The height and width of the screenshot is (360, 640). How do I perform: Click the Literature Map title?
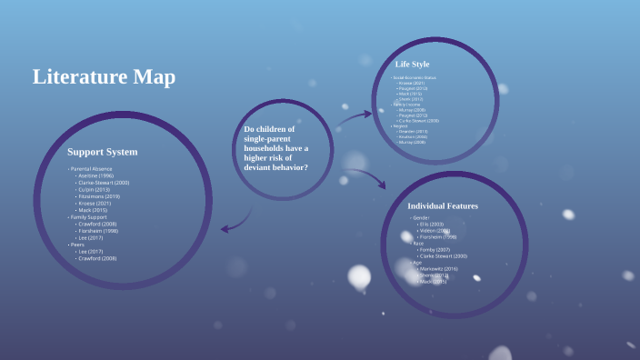pos(104,77)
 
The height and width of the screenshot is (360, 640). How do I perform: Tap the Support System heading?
pos(102,152)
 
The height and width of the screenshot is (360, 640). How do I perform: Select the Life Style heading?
pos(413,64)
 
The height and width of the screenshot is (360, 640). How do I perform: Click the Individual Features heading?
pos(442,206)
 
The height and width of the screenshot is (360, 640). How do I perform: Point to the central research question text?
pos(275,148)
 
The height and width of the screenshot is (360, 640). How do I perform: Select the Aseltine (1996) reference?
pos(95,175)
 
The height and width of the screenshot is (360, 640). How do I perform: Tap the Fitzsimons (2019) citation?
pos(99,196)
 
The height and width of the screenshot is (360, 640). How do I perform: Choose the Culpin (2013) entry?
pos(95,189)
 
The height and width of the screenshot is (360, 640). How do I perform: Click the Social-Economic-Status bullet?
pos(415,78)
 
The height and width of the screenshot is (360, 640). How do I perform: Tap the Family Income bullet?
pos(407,105)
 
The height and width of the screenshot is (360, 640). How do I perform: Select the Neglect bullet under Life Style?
pos(401,125)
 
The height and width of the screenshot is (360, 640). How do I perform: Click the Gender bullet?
pos(421,218)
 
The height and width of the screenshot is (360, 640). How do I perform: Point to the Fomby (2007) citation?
pos(434,250)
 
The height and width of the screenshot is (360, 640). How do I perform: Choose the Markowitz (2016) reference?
pos(438,269)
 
